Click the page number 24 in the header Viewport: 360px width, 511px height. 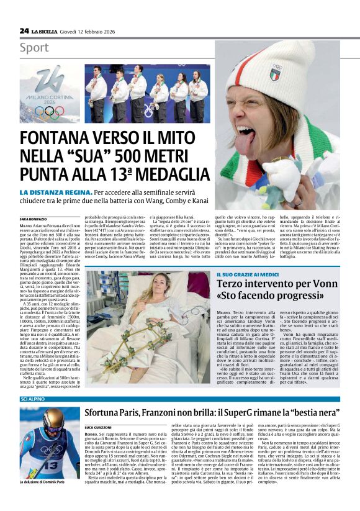pyautogui.click(x=24, y=30)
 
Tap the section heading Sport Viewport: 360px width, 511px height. pyautogui.click(x=34, y=48)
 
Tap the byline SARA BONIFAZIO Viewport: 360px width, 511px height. pyautogui.click(x=32, y=219)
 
